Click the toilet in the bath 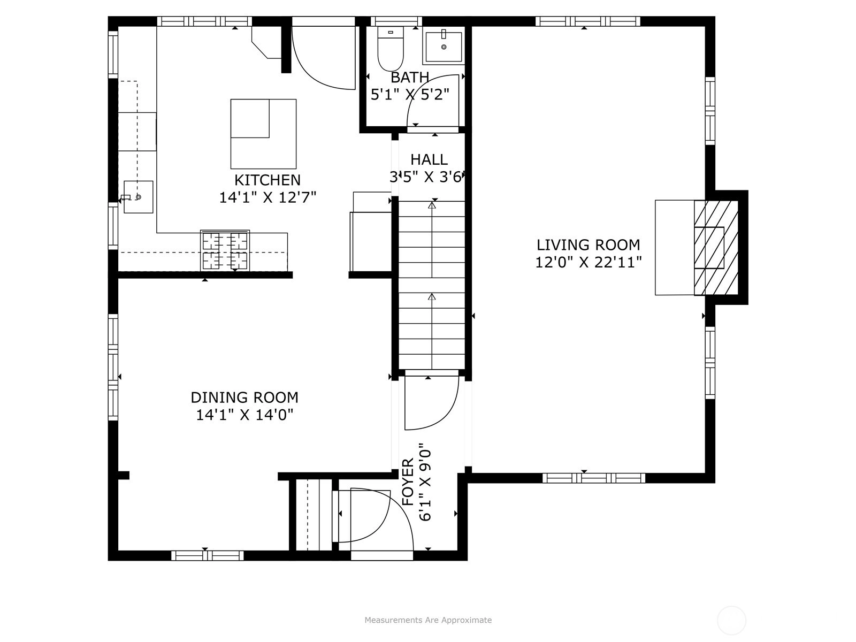point(391,49)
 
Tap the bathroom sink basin point(444,47)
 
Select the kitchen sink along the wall point(139,197)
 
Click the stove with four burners point(225,250)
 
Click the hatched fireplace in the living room point(716,248)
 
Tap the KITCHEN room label point(267,180)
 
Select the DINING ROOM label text point(244,398)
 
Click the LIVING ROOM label point(588,245)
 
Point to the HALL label point(429,159)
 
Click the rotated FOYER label point(408,482)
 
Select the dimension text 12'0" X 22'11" point(588,262)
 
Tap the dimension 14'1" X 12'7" point(267,197)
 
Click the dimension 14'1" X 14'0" point(244,415)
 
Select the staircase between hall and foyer point(432,285)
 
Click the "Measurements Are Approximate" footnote point(428,620)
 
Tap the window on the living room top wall point(587,21)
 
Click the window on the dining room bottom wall point(208,555)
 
